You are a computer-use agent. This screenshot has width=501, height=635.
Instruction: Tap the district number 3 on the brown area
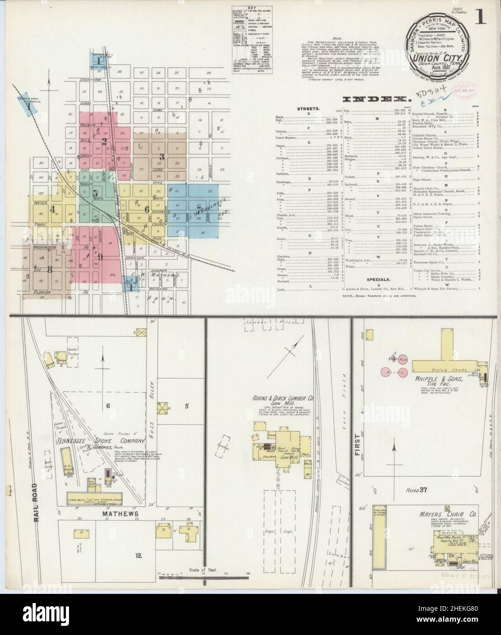pos(161,157)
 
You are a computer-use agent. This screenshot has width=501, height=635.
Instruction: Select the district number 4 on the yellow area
pos(53,210)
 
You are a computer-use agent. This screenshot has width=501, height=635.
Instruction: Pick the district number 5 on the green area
pos(96,193)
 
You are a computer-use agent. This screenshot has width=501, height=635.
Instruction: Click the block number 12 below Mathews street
pos(138,556)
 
